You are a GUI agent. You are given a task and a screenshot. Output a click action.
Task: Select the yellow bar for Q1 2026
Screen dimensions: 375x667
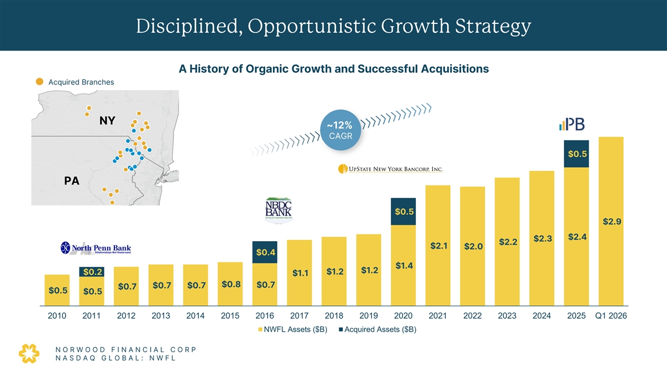click(x=611, y=222)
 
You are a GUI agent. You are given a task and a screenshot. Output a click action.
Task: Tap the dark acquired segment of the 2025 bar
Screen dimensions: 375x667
click(x=576, y=153)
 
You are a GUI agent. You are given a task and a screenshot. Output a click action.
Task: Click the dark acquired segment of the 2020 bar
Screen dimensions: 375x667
click(x=404, y=212)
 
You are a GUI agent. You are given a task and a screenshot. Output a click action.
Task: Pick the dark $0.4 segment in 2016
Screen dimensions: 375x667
click(x=265, y=253)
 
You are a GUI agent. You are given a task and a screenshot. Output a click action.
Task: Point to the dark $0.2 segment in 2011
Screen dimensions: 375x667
click(x=92, y=272)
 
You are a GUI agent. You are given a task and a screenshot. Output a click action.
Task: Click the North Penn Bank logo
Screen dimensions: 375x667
click(x=96, y=248)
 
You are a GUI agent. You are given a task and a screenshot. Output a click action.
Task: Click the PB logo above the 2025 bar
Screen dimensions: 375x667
click(x=573, y=125)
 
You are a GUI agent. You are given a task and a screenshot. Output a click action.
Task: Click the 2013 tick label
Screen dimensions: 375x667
click(x=161, y=316)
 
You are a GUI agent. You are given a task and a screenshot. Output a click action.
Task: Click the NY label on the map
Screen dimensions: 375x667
click(x=107, y=121)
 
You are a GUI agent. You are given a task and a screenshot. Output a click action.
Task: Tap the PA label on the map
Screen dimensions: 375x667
click(x=72, y=181)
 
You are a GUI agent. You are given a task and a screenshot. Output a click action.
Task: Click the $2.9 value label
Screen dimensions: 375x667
click(x=611, y=222)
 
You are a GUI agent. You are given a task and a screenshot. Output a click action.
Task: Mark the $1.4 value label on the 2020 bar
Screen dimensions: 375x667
click(x=404, y=266)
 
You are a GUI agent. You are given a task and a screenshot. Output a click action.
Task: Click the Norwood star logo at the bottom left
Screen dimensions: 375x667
click(x=29, y=353)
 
